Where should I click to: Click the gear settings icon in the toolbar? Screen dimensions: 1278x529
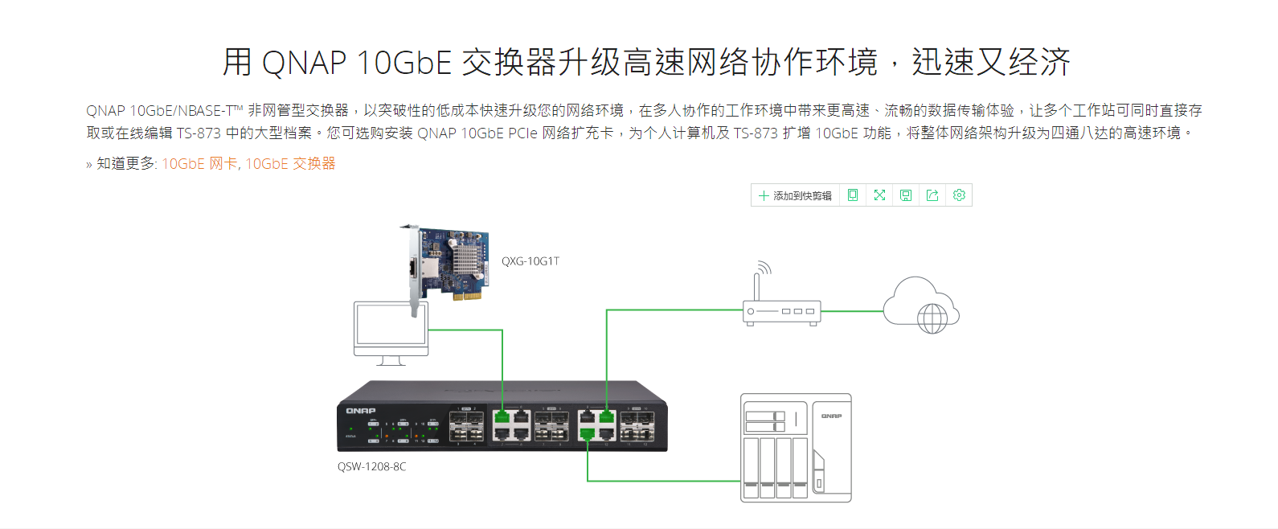coord(959,195)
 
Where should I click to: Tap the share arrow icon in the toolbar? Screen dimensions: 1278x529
coord(932,195)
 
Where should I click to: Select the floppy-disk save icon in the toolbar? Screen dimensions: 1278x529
coord(906,195)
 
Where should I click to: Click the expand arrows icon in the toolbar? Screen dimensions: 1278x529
coord(879,195)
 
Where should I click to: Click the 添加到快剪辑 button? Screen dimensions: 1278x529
coord(795,195)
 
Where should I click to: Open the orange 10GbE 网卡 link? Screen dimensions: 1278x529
coord(199,164)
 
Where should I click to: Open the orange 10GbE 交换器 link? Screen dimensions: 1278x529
coord(290,164)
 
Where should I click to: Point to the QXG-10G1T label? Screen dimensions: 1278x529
coord(530,261)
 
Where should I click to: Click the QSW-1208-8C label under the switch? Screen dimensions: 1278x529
coord(371,467)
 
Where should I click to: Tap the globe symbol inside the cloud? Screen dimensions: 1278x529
coord(932,318)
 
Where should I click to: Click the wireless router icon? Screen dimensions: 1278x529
coord(780,310)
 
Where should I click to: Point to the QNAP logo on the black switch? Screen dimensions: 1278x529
coord(361,411)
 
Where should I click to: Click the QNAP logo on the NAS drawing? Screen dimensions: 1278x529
coord(831,416)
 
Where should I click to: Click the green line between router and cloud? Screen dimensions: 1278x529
coord(852,311)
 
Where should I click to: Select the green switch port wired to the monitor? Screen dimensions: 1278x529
coord(502,417)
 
